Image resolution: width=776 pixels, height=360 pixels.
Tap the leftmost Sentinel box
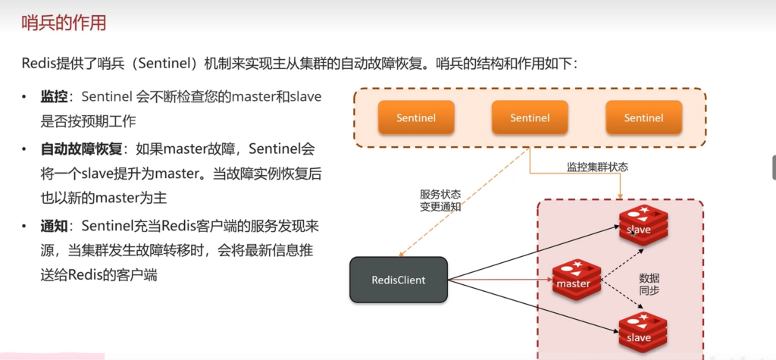click(416, 117)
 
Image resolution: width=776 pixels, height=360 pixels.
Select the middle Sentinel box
click(530, 117)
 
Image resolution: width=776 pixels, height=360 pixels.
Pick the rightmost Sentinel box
click(643, 117)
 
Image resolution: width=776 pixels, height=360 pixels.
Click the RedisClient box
click(398, 280)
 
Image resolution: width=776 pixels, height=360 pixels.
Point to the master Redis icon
click(576, 280)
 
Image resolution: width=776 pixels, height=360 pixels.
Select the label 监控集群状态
click(597, 167)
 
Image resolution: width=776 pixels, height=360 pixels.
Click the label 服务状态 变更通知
click(440, 199)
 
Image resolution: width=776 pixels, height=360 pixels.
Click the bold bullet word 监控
click(54, 97)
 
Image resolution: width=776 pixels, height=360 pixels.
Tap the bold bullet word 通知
click(54, 226)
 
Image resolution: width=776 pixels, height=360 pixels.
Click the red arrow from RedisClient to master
click(500, 280)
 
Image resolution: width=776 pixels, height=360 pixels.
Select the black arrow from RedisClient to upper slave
click(530, 253)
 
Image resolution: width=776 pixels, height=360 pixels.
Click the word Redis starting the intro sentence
click(36, 64)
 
